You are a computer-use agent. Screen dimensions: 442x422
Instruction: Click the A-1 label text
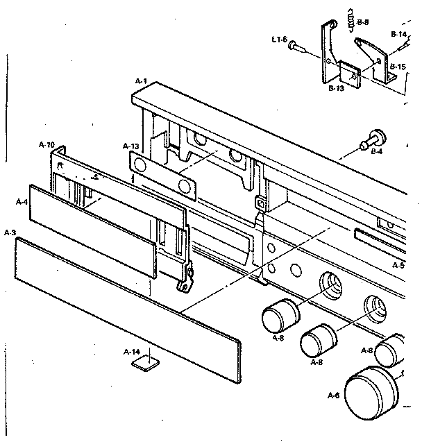140,81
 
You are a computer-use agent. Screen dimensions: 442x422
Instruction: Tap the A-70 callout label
47,144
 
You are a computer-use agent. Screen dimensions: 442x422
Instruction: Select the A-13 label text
130,146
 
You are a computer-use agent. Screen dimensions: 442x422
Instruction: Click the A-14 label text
130,352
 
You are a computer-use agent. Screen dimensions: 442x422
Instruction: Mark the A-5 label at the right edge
398,265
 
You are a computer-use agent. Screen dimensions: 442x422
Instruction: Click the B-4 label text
378,151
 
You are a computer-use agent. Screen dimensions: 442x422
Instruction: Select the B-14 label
398,34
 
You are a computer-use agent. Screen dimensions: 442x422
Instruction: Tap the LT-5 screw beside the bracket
298,46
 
